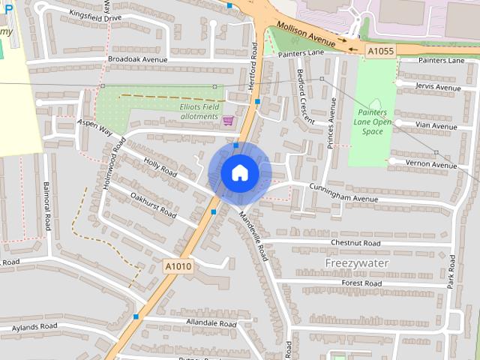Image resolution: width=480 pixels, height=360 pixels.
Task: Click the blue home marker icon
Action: click(x=240, y=173)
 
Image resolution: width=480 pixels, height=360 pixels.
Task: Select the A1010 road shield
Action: click(x=177, y=265)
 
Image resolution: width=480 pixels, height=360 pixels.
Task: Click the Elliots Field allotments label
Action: click(x=199, y=112)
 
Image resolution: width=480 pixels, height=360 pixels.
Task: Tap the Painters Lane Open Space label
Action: click(x=373, y=121)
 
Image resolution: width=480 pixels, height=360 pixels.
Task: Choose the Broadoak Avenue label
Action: click(x=137, y=58)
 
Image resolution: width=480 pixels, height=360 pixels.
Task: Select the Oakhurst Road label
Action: click(x=152, y=205)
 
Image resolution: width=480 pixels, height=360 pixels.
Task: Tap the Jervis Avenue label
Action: click(x=438, y=88)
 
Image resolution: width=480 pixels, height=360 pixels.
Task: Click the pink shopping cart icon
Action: click(x=228, y=120)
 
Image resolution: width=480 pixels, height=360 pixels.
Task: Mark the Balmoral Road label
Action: click(x=47, y=206)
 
